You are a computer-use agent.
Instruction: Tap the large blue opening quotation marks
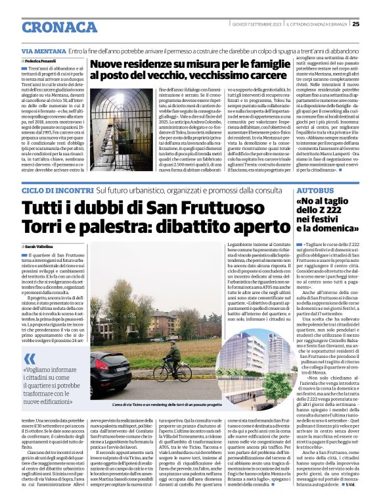30,358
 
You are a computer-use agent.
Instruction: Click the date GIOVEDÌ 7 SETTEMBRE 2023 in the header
255,24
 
